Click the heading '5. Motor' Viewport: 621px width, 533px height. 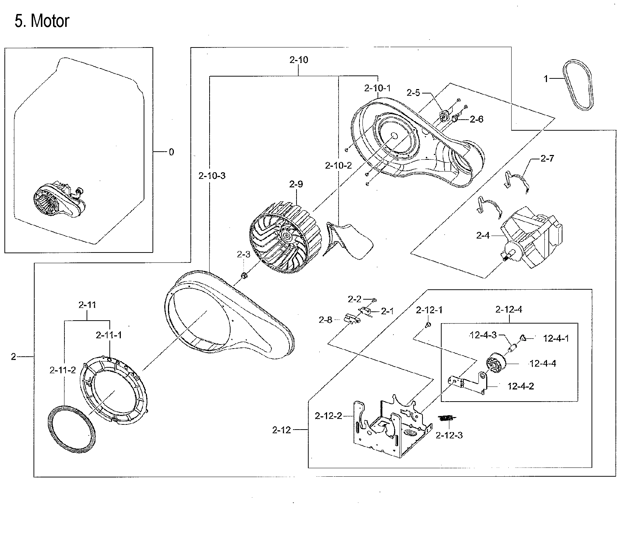pos(42,21)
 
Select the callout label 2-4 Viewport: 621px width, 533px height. pos(483,235)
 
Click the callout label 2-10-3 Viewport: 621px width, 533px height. pos(212,176)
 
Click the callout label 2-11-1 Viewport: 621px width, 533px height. pos(109,335)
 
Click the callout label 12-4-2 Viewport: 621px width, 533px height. pos(521,386)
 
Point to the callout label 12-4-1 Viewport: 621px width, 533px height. pos(556,338)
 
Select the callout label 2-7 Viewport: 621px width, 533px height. pos(547,159)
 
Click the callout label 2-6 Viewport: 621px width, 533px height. pos(476,119)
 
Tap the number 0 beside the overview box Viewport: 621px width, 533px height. pos(171,152)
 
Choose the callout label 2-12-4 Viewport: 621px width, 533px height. pos(509,310)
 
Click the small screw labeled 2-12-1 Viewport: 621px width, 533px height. pos(428,325)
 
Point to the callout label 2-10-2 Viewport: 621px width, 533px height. pos(338,166)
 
